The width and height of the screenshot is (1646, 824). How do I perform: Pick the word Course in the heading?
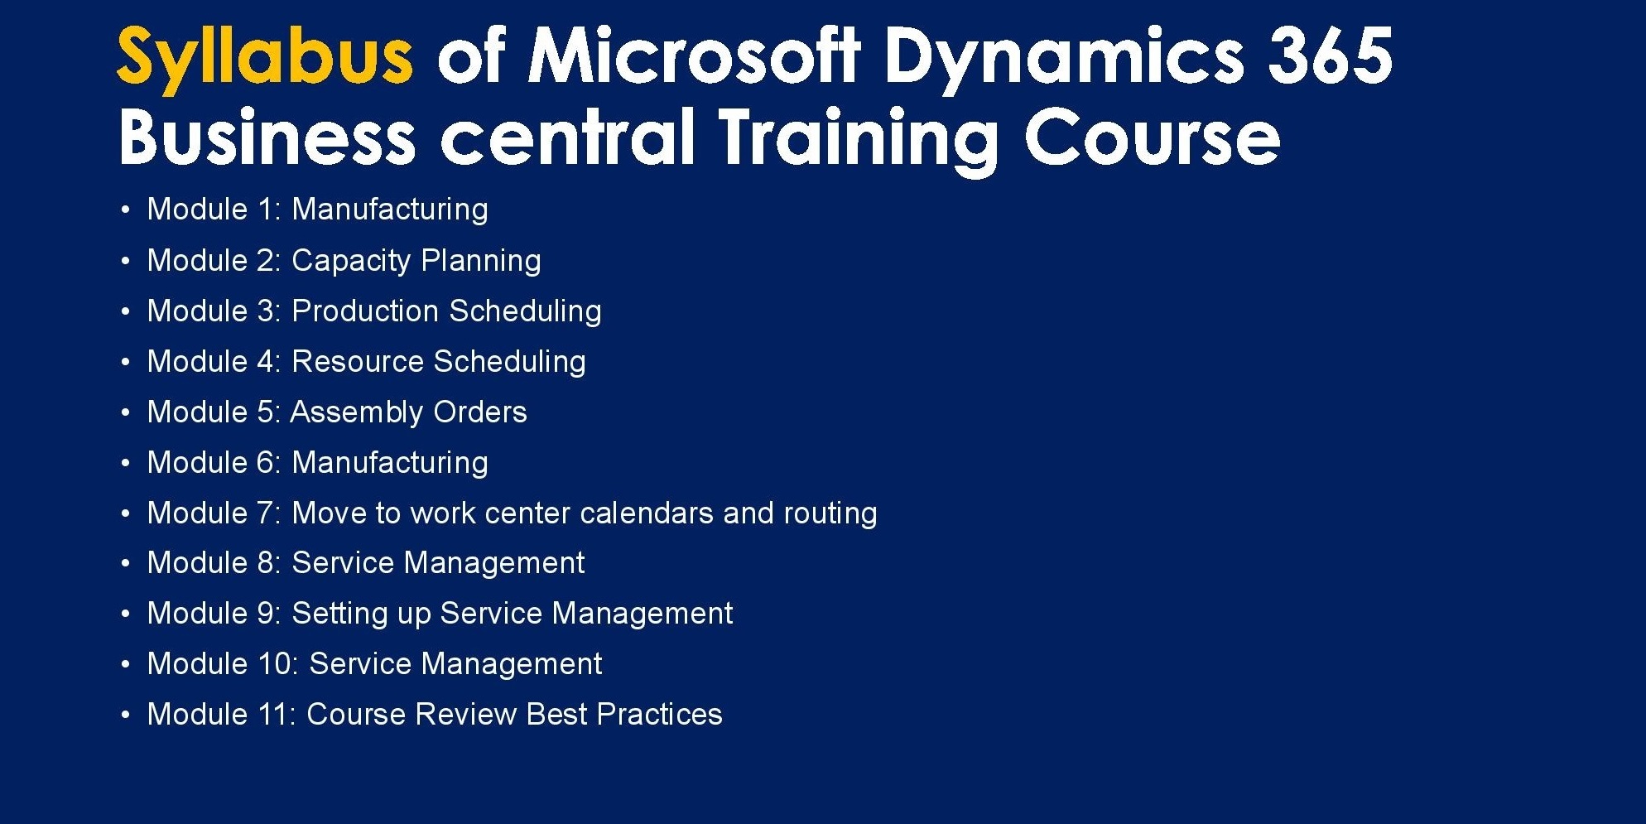[x=1153, y=137]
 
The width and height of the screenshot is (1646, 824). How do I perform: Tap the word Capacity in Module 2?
[x=351, y=261]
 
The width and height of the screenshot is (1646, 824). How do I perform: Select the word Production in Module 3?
[x=365, y=311]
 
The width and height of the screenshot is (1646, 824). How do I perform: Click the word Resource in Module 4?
[x=358, y=361]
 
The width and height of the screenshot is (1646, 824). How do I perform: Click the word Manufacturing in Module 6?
[x=390, y=462]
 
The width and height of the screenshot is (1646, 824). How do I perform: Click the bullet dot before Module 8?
[x=125, y=564]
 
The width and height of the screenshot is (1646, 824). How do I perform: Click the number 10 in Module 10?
[x=277, y=664]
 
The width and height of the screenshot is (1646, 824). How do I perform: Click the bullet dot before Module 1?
[x=125, y=210]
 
